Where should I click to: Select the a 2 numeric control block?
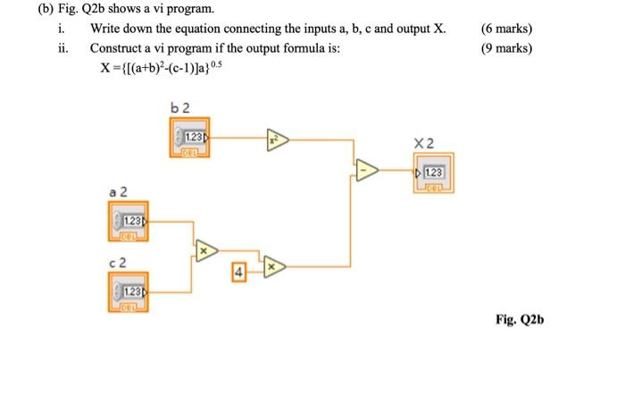(x=126, y=222)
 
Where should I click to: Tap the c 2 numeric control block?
(x=126, y=293)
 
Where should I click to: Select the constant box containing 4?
(x=238, y=269)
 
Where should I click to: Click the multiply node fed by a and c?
(x=204, y=251)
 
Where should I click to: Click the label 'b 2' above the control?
(x=180, y=108)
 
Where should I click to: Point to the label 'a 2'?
(x=118, y=191)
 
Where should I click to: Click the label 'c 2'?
(x=118, y=260)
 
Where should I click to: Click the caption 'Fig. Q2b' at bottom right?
(x=519, y=319)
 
